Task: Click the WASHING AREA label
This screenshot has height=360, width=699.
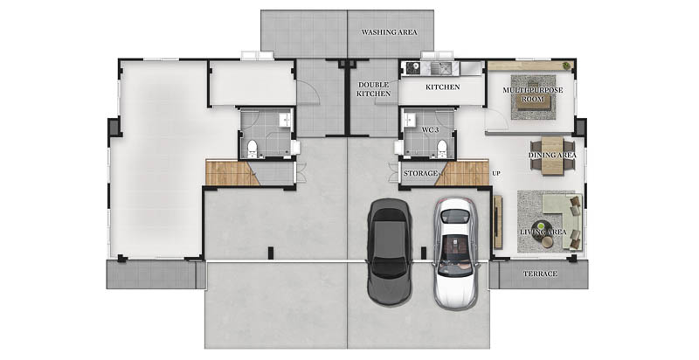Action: [389, 32]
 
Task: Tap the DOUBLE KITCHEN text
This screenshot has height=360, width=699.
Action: [374, 89]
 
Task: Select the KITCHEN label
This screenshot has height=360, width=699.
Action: [442, 87]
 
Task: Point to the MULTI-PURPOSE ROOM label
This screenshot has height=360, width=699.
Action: [533, 94]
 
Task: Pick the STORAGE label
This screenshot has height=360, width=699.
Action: [420, 173]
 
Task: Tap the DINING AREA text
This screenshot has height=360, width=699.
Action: [552, 155]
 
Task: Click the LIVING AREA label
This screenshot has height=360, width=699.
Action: [543, 232]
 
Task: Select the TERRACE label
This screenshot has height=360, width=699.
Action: [540, 273]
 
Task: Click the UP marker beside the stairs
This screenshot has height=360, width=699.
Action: [495, 173]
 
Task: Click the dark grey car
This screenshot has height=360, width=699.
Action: [389, 252]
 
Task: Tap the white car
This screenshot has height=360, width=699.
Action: [455, 253]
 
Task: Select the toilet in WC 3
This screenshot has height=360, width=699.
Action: [442, 149]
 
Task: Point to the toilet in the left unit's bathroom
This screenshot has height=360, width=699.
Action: [252, 149]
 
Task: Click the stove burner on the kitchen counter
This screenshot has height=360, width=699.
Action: [412, 67]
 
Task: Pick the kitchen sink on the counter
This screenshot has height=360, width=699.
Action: [441, 68]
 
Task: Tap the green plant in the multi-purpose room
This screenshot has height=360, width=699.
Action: [566, 66]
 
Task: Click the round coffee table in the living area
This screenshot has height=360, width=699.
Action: [543, 227]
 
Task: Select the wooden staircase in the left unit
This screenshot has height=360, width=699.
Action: [232, 173]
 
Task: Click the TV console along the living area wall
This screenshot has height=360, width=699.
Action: [498, 222]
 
